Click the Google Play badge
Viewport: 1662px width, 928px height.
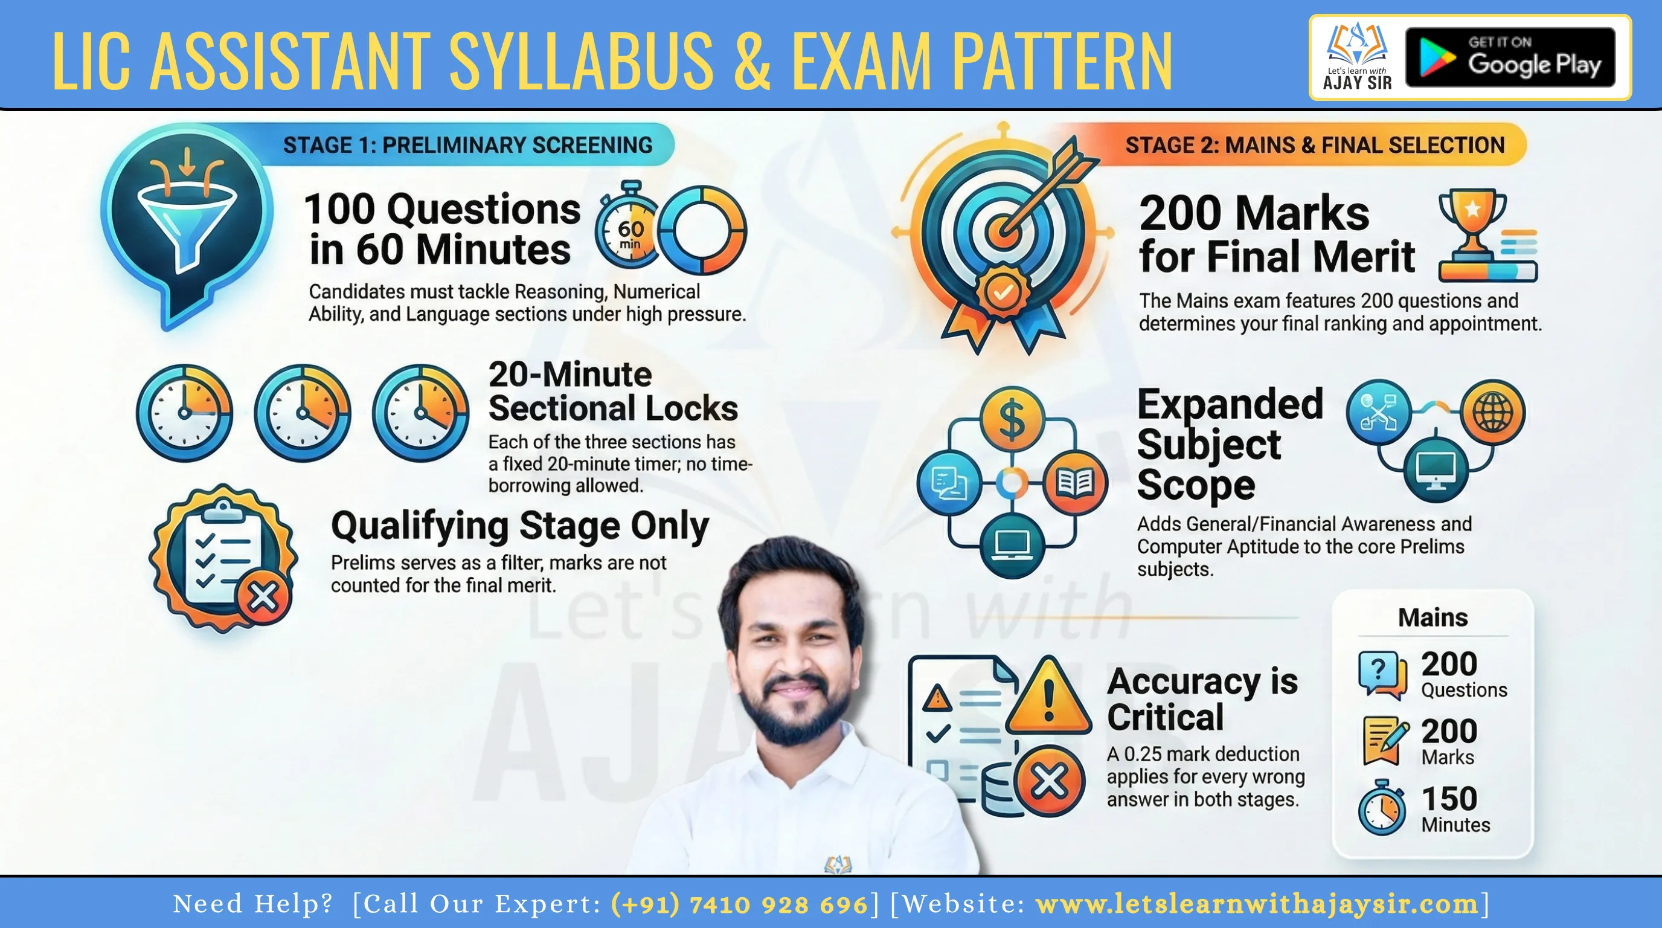point(1510,57)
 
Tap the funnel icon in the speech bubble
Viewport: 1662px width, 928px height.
point(187,219)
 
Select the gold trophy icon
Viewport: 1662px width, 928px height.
point(1472,223)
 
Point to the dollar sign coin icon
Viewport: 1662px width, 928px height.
point(1012,417)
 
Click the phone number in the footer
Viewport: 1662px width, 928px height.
point(739,904)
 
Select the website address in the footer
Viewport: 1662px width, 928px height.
point(1257,904)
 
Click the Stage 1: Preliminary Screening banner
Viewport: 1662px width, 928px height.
point(468,145)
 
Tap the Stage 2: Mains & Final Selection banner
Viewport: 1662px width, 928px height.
point(1314,145)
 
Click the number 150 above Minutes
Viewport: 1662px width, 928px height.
point(1449,798)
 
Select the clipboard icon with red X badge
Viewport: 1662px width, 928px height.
point(223,558)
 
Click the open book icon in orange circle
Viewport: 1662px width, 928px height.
point(1074,482)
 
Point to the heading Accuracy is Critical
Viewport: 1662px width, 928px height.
point(1202,699)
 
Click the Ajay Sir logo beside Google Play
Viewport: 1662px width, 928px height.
point(1357,57)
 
